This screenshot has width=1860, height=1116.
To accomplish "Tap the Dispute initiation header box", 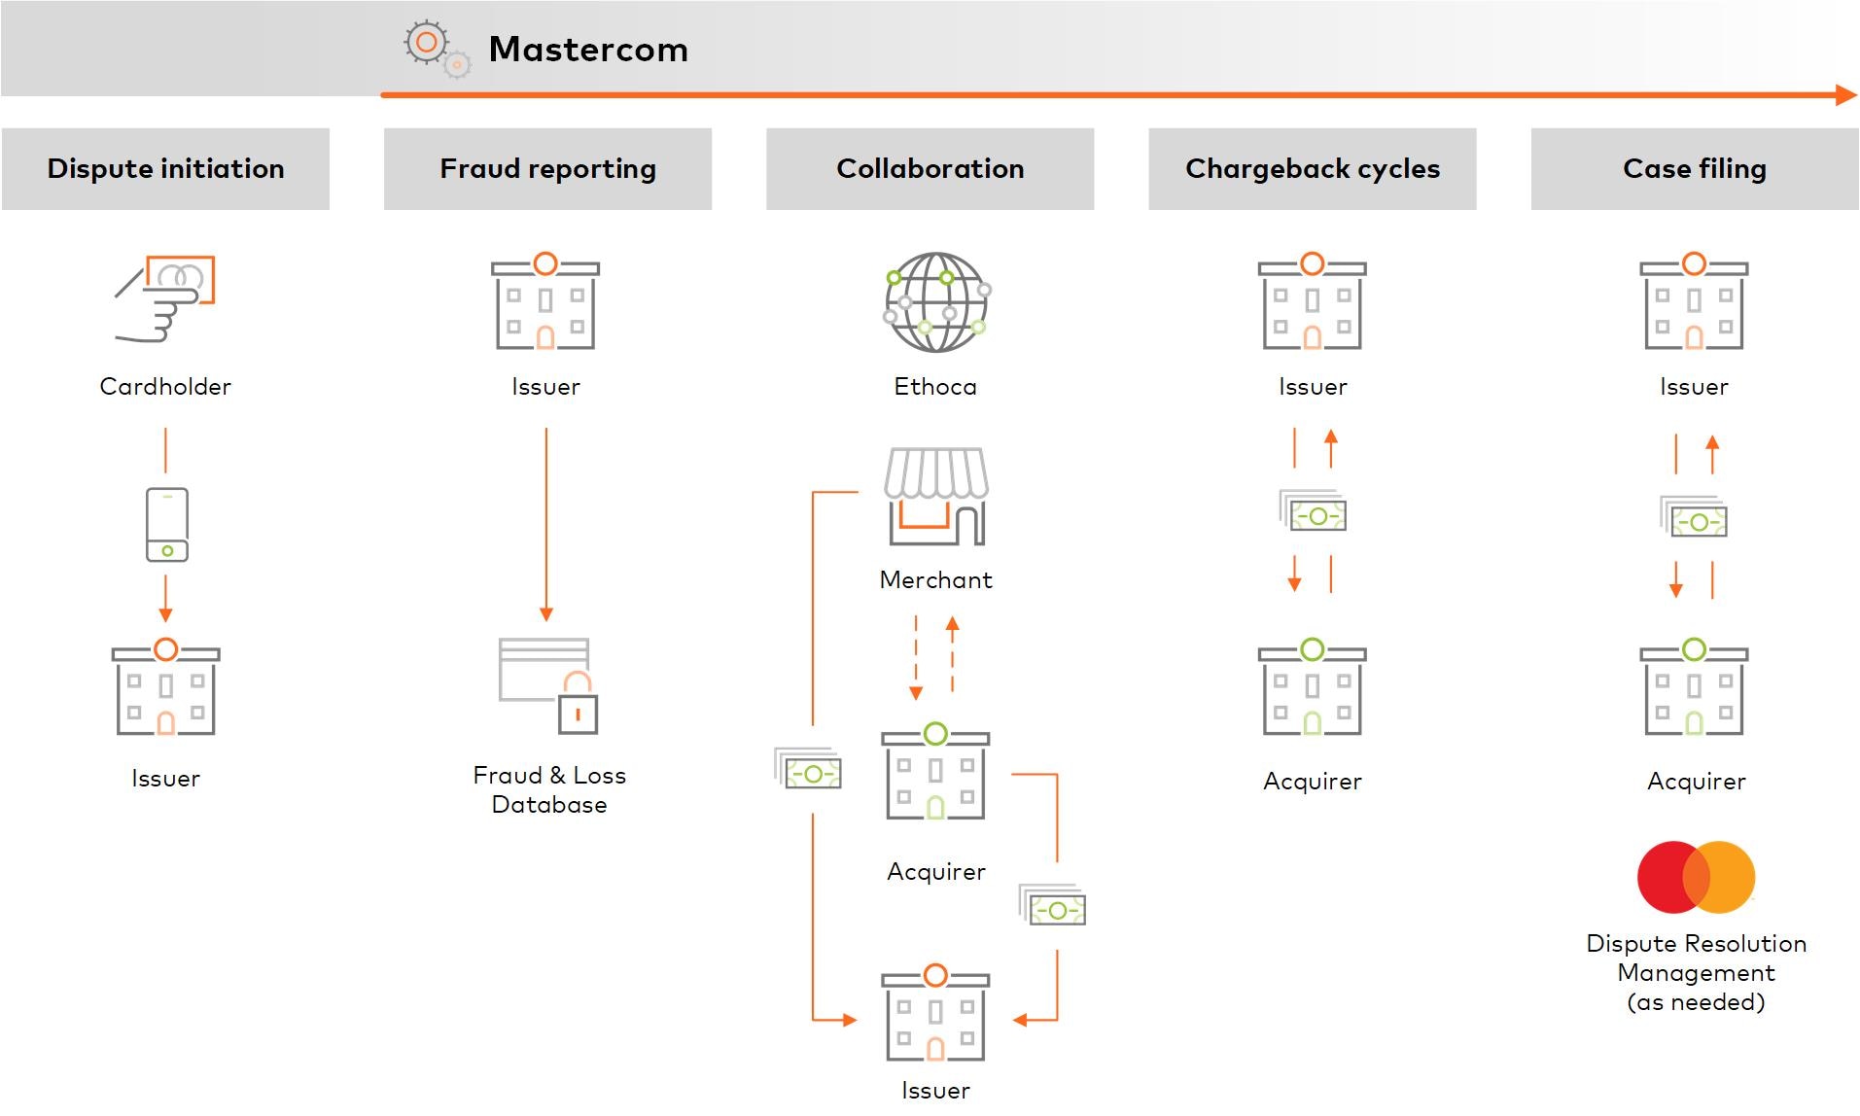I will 165,169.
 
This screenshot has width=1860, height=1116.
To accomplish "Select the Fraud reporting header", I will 547,169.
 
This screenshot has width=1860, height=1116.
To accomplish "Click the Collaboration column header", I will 930,169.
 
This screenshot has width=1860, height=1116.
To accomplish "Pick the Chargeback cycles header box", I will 1312,169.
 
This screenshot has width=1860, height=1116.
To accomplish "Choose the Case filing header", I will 1694,169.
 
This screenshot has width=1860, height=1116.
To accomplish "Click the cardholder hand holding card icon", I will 165,298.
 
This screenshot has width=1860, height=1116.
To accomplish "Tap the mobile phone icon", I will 167,525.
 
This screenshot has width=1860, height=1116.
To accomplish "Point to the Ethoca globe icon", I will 936,302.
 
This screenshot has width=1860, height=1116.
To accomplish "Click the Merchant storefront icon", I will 936,497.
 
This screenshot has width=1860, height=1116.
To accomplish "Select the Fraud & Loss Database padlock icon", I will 578,705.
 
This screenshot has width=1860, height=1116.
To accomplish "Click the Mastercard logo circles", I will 1696,877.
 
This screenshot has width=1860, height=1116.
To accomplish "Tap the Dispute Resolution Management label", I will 1696,972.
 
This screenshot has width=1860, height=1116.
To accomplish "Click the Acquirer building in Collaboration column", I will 935,776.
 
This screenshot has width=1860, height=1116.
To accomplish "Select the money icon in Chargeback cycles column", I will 1314,512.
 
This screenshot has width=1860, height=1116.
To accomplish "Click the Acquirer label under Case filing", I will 1696,782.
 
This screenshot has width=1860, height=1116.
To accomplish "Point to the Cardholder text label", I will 165,387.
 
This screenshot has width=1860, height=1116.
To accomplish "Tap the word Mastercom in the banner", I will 588,50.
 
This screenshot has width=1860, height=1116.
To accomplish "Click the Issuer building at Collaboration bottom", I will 935,1016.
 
